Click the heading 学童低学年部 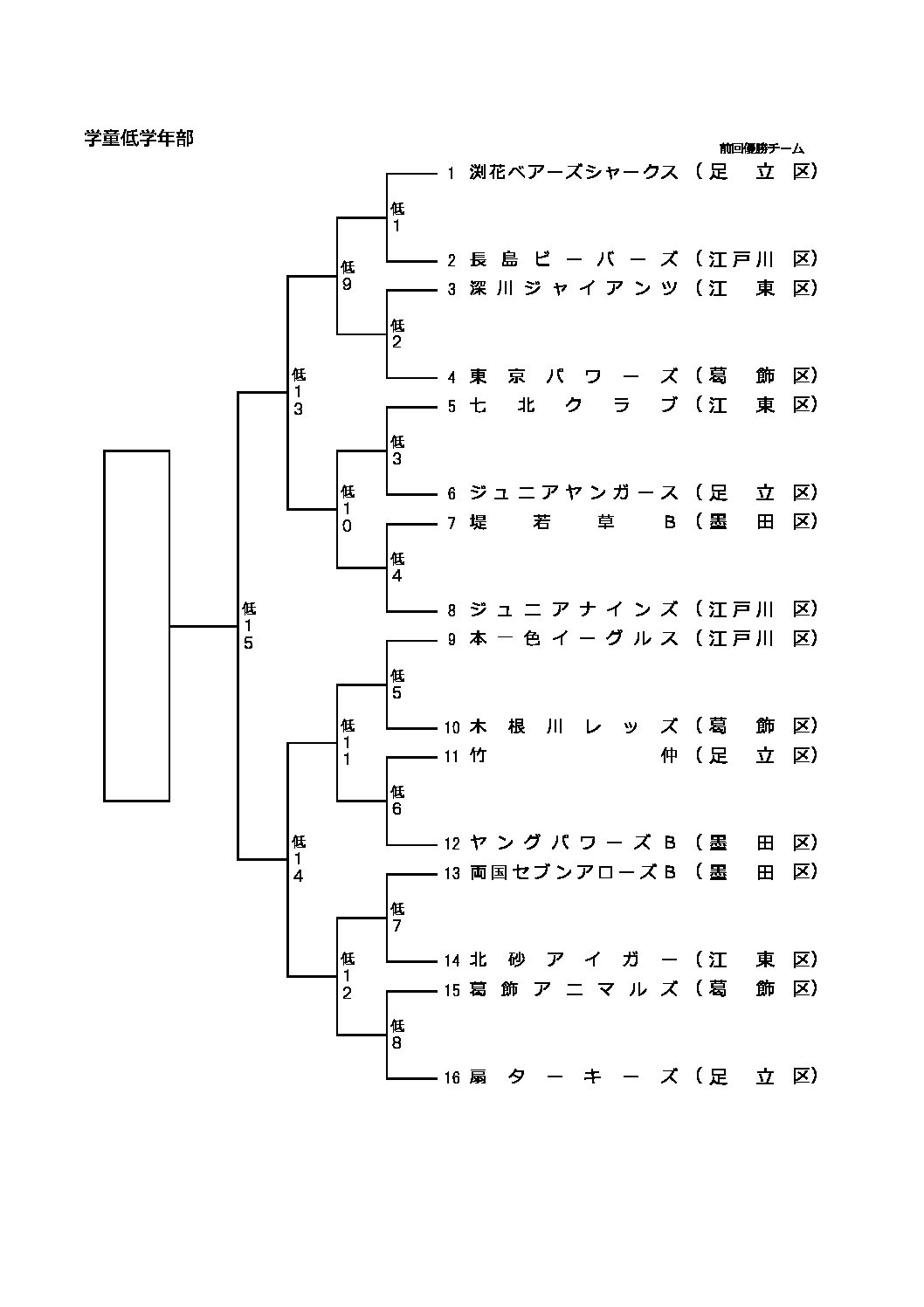(139, 138)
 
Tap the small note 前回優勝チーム (762, 148)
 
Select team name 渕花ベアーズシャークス (574, 172)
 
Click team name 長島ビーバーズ (574, 259)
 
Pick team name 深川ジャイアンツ (574, 289)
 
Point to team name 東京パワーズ (574, 376)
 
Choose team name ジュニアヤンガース (574, 493)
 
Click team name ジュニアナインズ (574, 609)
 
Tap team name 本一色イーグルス (574, 639)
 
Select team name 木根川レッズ (574, 726)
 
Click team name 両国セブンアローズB (574, 872)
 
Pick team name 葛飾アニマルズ (574, 989)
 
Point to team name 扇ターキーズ (574, 1077)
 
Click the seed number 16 (451, 1078)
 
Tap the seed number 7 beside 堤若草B (452, 524)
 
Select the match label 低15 (249, 625)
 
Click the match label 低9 (348, 276)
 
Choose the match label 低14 (299, 859)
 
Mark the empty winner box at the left (136, 625)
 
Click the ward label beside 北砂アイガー (756, 960)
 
